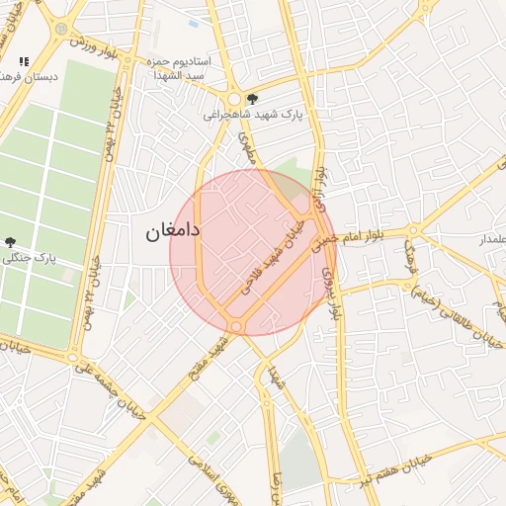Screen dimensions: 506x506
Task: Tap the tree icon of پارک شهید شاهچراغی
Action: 252,98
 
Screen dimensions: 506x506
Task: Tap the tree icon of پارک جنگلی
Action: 10,241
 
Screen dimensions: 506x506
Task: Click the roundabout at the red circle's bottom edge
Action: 235,326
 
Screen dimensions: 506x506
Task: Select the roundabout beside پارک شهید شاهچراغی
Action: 234,99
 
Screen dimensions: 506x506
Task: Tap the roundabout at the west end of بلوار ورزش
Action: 62,30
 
